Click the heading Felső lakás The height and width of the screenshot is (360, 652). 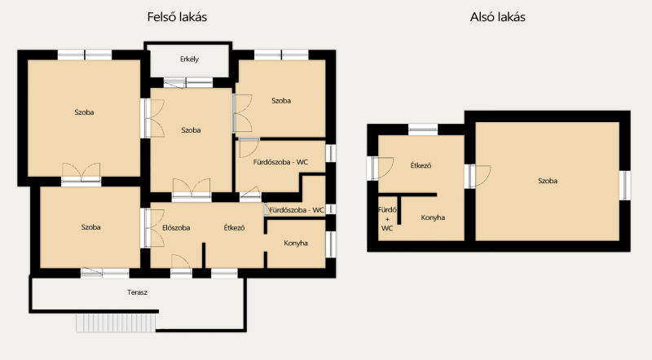coord(177,17)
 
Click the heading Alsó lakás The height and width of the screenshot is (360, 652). coord(498,17)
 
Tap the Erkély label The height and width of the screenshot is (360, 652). coord(189,59)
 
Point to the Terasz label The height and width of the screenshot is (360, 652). coord(137,292)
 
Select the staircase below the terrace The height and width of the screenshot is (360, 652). coord(116,323)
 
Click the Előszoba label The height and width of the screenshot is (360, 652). coord(176,228)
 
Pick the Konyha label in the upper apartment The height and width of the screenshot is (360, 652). coord(296,244)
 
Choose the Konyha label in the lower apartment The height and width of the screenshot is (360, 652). coord(433,217)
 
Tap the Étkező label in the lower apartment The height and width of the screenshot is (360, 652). coord(421,165)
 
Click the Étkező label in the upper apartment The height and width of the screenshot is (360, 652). coord(234,228)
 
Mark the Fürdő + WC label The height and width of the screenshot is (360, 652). coord(387,219)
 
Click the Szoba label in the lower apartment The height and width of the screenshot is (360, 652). coord(548,181)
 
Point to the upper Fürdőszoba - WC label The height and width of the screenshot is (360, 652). coord(280,162)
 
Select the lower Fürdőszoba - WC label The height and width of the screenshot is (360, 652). coord(297,210)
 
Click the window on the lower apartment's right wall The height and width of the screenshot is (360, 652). coord(624,186)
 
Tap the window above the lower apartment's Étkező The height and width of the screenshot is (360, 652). coord(423,130)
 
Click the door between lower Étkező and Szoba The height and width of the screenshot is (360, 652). coord(478,176)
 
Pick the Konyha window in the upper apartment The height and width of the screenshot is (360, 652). coord(331,244)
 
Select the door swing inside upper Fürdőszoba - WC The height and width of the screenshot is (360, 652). coord(249,147)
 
